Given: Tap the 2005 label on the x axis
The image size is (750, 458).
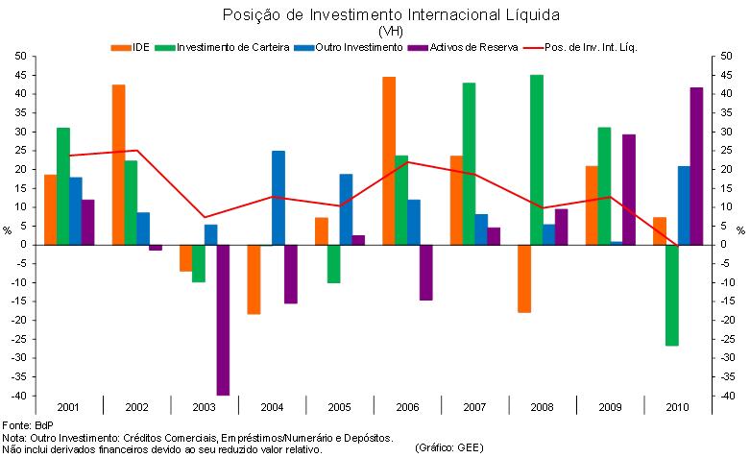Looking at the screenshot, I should click(x=340, y=407).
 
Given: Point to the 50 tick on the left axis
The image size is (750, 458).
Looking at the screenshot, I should click(x=19, y=56).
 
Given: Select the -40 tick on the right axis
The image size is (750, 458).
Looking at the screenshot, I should click(x=729, y=396).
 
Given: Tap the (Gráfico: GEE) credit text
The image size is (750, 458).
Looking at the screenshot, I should click(x=449, y=447).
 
